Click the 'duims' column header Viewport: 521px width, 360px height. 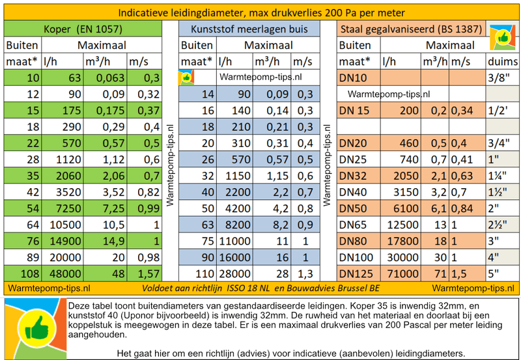tap(503, 62)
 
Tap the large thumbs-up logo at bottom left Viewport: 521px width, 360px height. tap(33, 327)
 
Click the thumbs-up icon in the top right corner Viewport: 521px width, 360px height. tap(501, 37)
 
